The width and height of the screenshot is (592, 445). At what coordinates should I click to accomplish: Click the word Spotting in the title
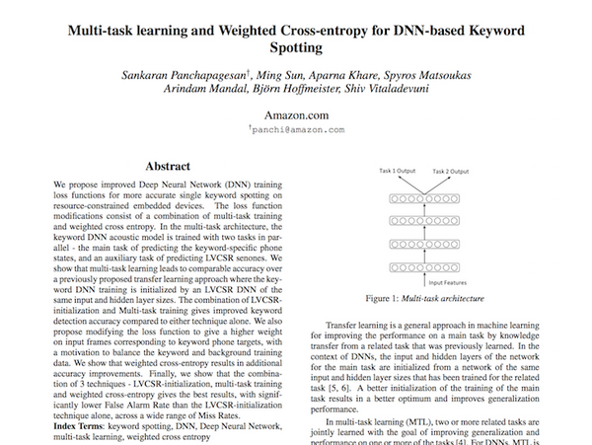[295, 46]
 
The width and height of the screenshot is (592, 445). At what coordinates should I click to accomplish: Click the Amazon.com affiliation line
[295, 115]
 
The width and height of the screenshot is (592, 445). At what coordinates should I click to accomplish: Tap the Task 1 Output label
[400, 171]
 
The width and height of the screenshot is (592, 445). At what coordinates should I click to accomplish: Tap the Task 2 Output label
[472, 171]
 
